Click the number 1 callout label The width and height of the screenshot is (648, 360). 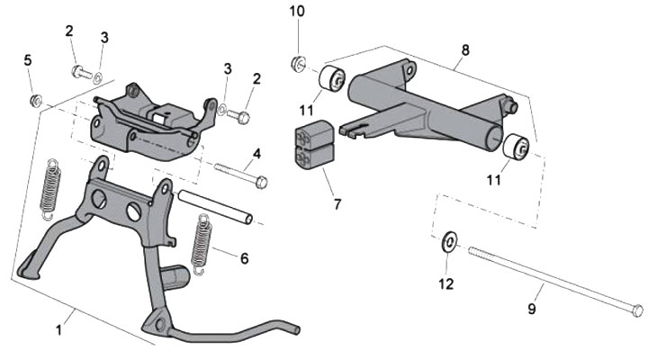59,329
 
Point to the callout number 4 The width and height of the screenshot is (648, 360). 256,154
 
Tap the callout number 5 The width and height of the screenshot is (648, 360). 28,60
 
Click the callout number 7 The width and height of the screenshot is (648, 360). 337,203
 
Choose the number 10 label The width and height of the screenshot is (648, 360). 297,11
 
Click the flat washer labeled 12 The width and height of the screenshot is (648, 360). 447,243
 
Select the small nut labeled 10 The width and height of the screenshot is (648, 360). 297,63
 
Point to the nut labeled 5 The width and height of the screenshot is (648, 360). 37,97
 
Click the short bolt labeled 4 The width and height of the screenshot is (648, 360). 239,175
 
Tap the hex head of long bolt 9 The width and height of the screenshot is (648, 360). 636,310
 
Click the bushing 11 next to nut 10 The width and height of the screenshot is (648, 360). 331,81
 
